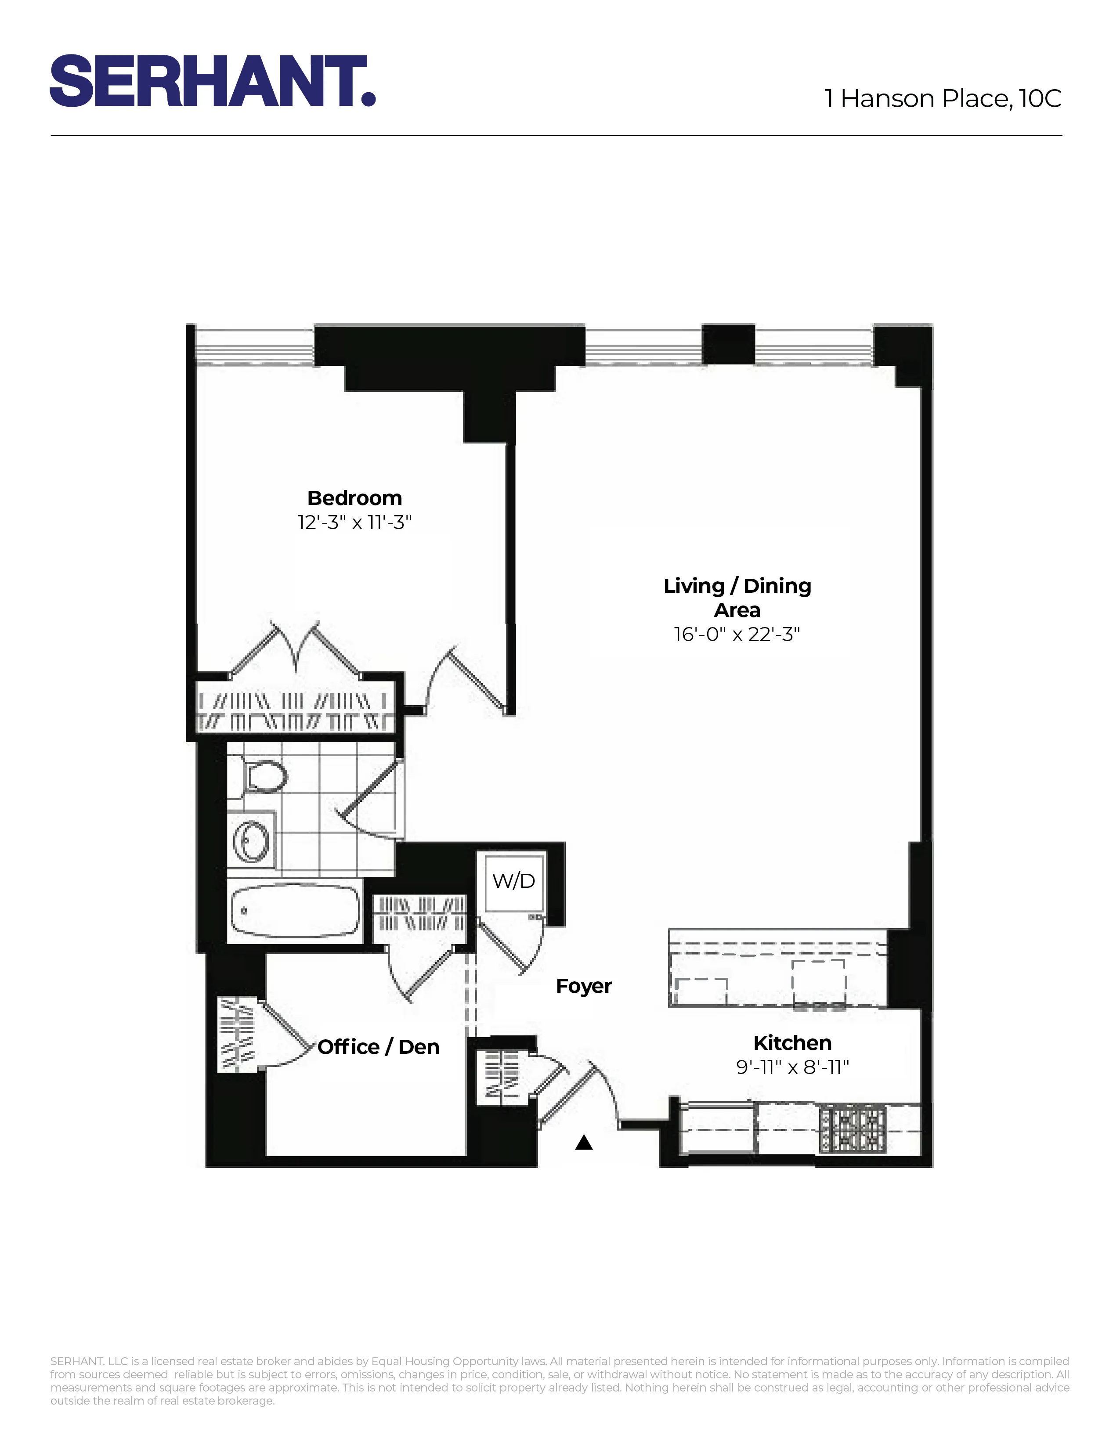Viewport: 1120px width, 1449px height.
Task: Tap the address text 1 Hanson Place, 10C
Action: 942,99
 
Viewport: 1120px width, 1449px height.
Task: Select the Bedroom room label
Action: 354,498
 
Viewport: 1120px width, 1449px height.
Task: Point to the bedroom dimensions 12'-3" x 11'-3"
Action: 354,523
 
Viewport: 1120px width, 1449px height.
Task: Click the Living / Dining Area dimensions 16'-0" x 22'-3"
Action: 737,634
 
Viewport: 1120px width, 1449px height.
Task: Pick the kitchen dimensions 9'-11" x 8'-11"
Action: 792,1067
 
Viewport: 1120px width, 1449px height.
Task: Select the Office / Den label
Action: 378,1047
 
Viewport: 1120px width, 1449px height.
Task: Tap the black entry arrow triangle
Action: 583,1143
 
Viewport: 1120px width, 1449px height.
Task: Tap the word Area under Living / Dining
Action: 737,610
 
